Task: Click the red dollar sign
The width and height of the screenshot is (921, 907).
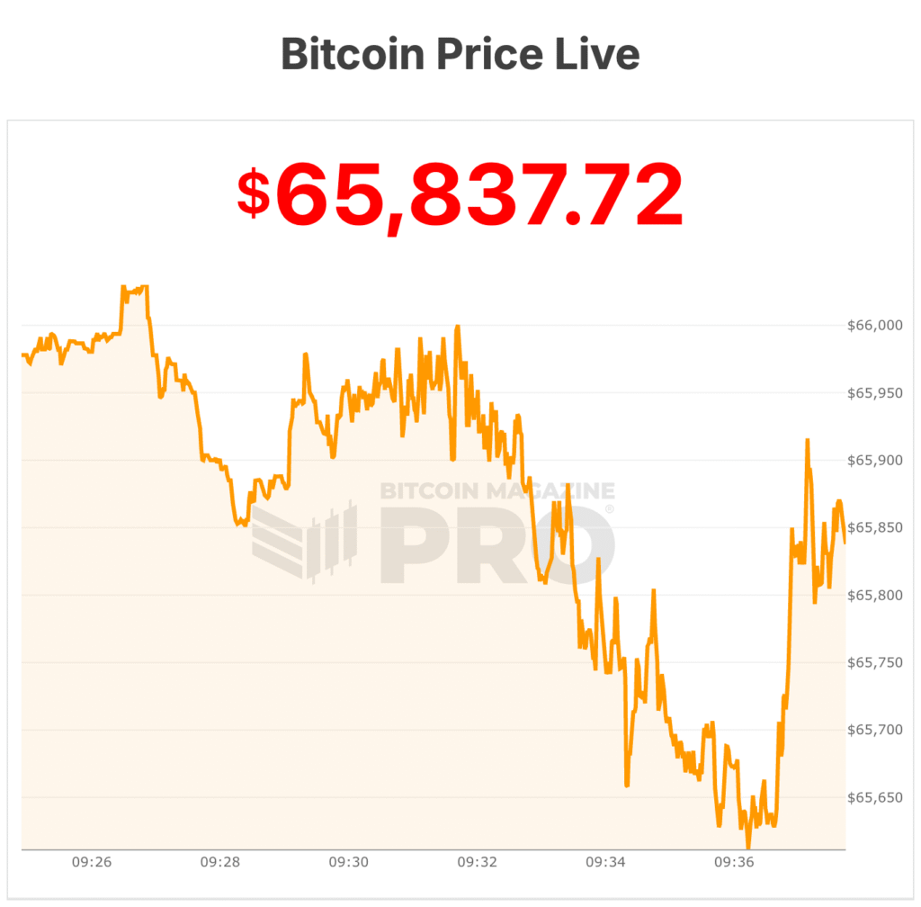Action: coord(254,193)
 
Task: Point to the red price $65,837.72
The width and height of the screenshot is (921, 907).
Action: coord(460,194)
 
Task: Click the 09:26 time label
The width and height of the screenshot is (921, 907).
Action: coord(92,862)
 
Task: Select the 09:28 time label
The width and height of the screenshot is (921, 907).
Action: coord(220,862)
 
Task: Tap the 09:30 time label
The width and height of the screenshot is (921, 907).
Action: coord(349,862)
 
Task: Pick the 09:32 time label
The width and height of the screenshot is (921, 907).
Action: coord(478,862)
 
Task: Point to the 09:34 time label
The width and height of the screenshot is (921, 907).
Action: coord(606,862)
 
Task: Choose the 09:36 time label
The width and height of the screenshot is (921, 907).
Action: coord(734,862)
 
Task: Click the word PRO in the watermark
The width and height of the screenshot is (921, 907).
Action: coord(497,544)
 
